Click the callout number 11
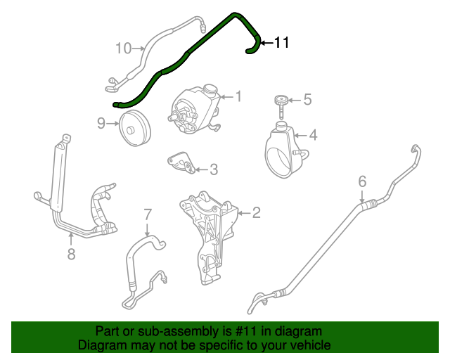click(281, 44)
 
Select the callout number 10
click(123, 48)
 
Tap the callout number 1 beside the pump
click(238, 96)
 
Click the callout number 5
click(307, 100)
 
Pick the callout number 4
click(313, 134)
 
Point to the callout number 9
click(101, 124)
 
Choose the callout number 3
click(214, 169)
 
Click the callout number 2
click(257, 212)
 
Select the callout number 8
click(71, 254)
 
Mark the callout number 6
click(362, 182)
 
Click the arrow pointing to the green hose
click(266, 44)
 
